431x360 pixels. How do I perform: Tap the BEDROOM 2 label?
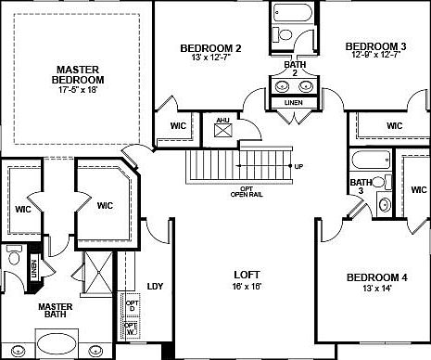tap(211, 48)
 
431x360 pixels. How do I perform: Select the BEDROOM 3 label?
tap(375, 46)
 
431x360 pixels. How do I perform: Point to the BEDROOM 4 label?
tap(377, 277)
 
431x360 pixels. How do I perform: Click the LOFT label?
tap(246, 275)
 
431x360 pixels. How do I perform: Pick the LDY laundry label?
tap(156, 286)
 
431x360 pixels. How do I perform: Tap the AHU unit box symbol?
tap(222, 128)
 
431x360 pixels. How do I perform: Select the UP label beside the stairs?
tap(298, 166)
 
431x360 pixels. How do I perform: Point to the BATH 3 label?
tap(355, 187)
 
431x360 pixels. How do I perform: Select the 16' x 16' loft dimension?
tap(246, 287)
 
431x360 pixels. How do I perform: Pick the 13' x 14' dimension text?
tap(377, 289)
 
